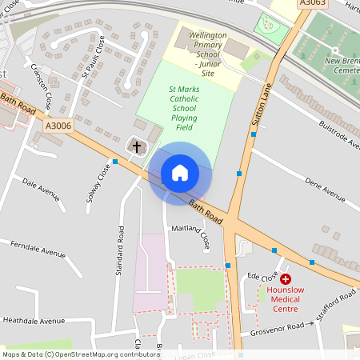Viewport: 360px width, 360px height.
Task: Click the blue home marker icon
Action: [x=180, y=173]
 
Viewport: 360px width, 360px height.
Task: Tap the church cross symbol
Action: [x=137, y=147]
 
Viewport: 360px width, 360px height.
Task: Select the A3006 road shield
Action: [x=58, y=126]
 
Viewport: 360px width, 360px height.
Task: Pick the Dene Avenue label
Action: [x=324, y=190]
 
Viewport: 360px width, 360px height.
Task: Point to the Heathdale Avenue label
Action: [x=34, y=320]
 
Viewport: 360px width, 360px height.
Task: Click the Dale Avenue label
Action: [x=42, y=189]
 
